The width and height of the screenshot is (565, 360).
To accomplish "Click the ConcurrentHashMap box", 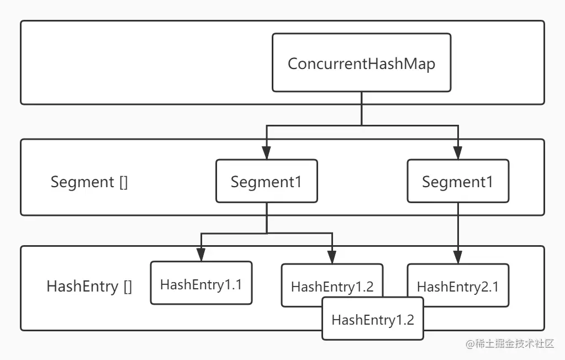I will point(361,63).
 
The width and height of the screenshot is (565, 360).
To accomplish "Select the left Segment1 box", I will point(266,181).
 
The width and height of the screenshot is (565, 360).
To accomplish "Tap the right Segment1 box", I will point(458,181).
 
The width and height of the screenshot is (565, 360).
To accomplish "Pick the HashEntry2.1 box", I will point(458,287).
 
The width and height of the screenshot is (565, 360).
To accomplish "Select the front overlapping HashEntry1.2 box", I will point(372,319).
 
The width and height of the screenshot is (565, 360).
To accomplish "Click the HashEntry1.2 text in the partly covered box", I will point(332,287).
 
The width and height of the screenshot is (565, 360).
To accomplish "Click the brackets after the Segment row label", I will point(123,182).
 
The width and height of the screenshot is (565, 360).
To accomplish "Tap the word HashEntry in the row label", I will point(82,287).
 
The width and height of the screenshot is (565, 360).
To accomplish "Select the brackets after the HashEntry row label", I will point(128,287).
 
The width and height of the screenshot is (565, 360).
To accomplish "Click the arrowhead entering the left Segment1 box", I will point(266,154).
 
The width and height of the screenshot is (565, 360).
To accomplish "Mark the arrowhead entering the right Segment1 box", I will point(458,154).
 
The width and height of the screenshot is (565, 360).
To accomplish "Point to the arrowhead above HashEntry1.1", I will point(201,256).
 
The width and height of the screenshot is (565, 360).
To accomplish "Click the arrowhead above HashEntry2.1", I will point(458,257).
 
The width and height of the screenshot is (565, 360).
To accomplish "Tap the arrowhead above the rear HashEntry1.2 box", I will point(332,257).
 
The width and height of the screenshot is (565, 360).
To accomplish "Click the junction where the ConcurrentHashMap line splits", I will point(361,126).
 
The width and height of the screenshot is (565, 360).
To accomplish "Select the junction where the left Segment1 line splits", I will point(266,234).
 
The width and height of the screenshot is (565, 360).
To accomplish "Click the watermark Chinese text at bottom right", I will point(516,343).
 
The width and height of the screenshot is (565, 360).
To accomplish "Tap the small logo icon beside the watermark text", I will point(471,343).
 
